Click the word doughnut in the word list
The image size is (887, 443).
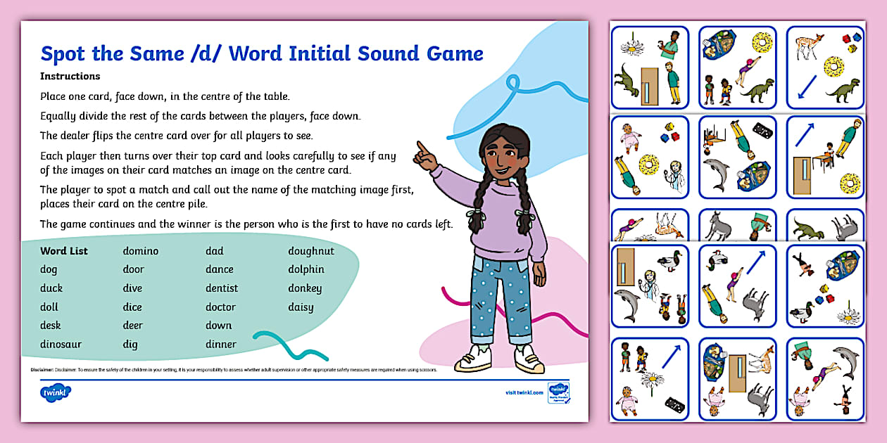pos(310,251)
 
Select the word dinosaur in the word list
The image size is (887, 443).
pos(61,345)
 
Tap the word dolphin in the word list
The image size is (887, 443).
pos(306,269)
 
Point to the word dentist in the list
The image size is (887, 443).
pos(221,288)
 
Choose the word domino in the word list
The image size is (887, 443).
pos(141,251)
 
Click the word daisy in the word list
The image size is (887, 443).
pos(301,307)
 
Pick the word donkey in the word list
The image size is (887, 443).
pos(304,288)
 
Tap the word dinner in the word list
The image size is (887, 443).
pos(220,345)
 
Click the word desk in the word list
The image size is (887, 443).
pos(51,326)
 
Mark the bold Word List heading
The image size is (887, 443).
pos(63,251)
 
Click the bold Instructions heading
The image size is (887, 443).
pos(70,76)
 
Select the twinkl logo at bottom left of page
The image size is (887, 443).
pos(56,392)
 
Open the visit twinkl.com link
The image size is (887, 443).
pos(524,392)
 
